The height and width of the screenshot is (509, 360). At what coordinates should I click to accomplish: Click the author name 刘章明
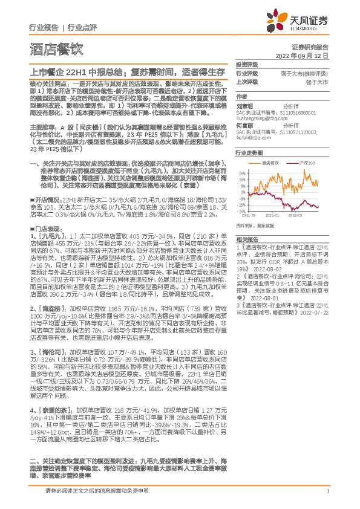click(x=243, y=104)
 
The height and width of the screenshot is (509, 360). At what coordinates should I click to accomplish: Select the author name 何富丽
click(x=243, y=125)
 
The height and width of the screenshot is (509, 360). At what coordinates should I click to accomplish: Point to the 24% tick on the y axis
click(x=242, y=172)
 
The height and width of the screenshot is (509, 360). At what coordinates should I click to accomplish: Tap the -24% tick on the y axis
click(x=241, y=211)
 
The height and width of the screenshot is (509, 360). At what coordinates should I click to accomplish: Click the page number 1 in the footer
click(x=327, y=498)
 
